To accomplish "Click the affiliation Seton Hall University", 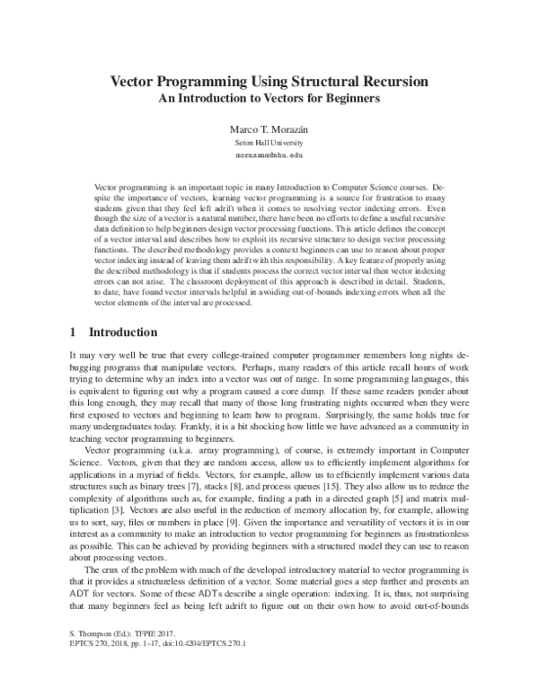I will coord(269,143).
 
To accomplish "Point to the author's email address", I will coord(269,154).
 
